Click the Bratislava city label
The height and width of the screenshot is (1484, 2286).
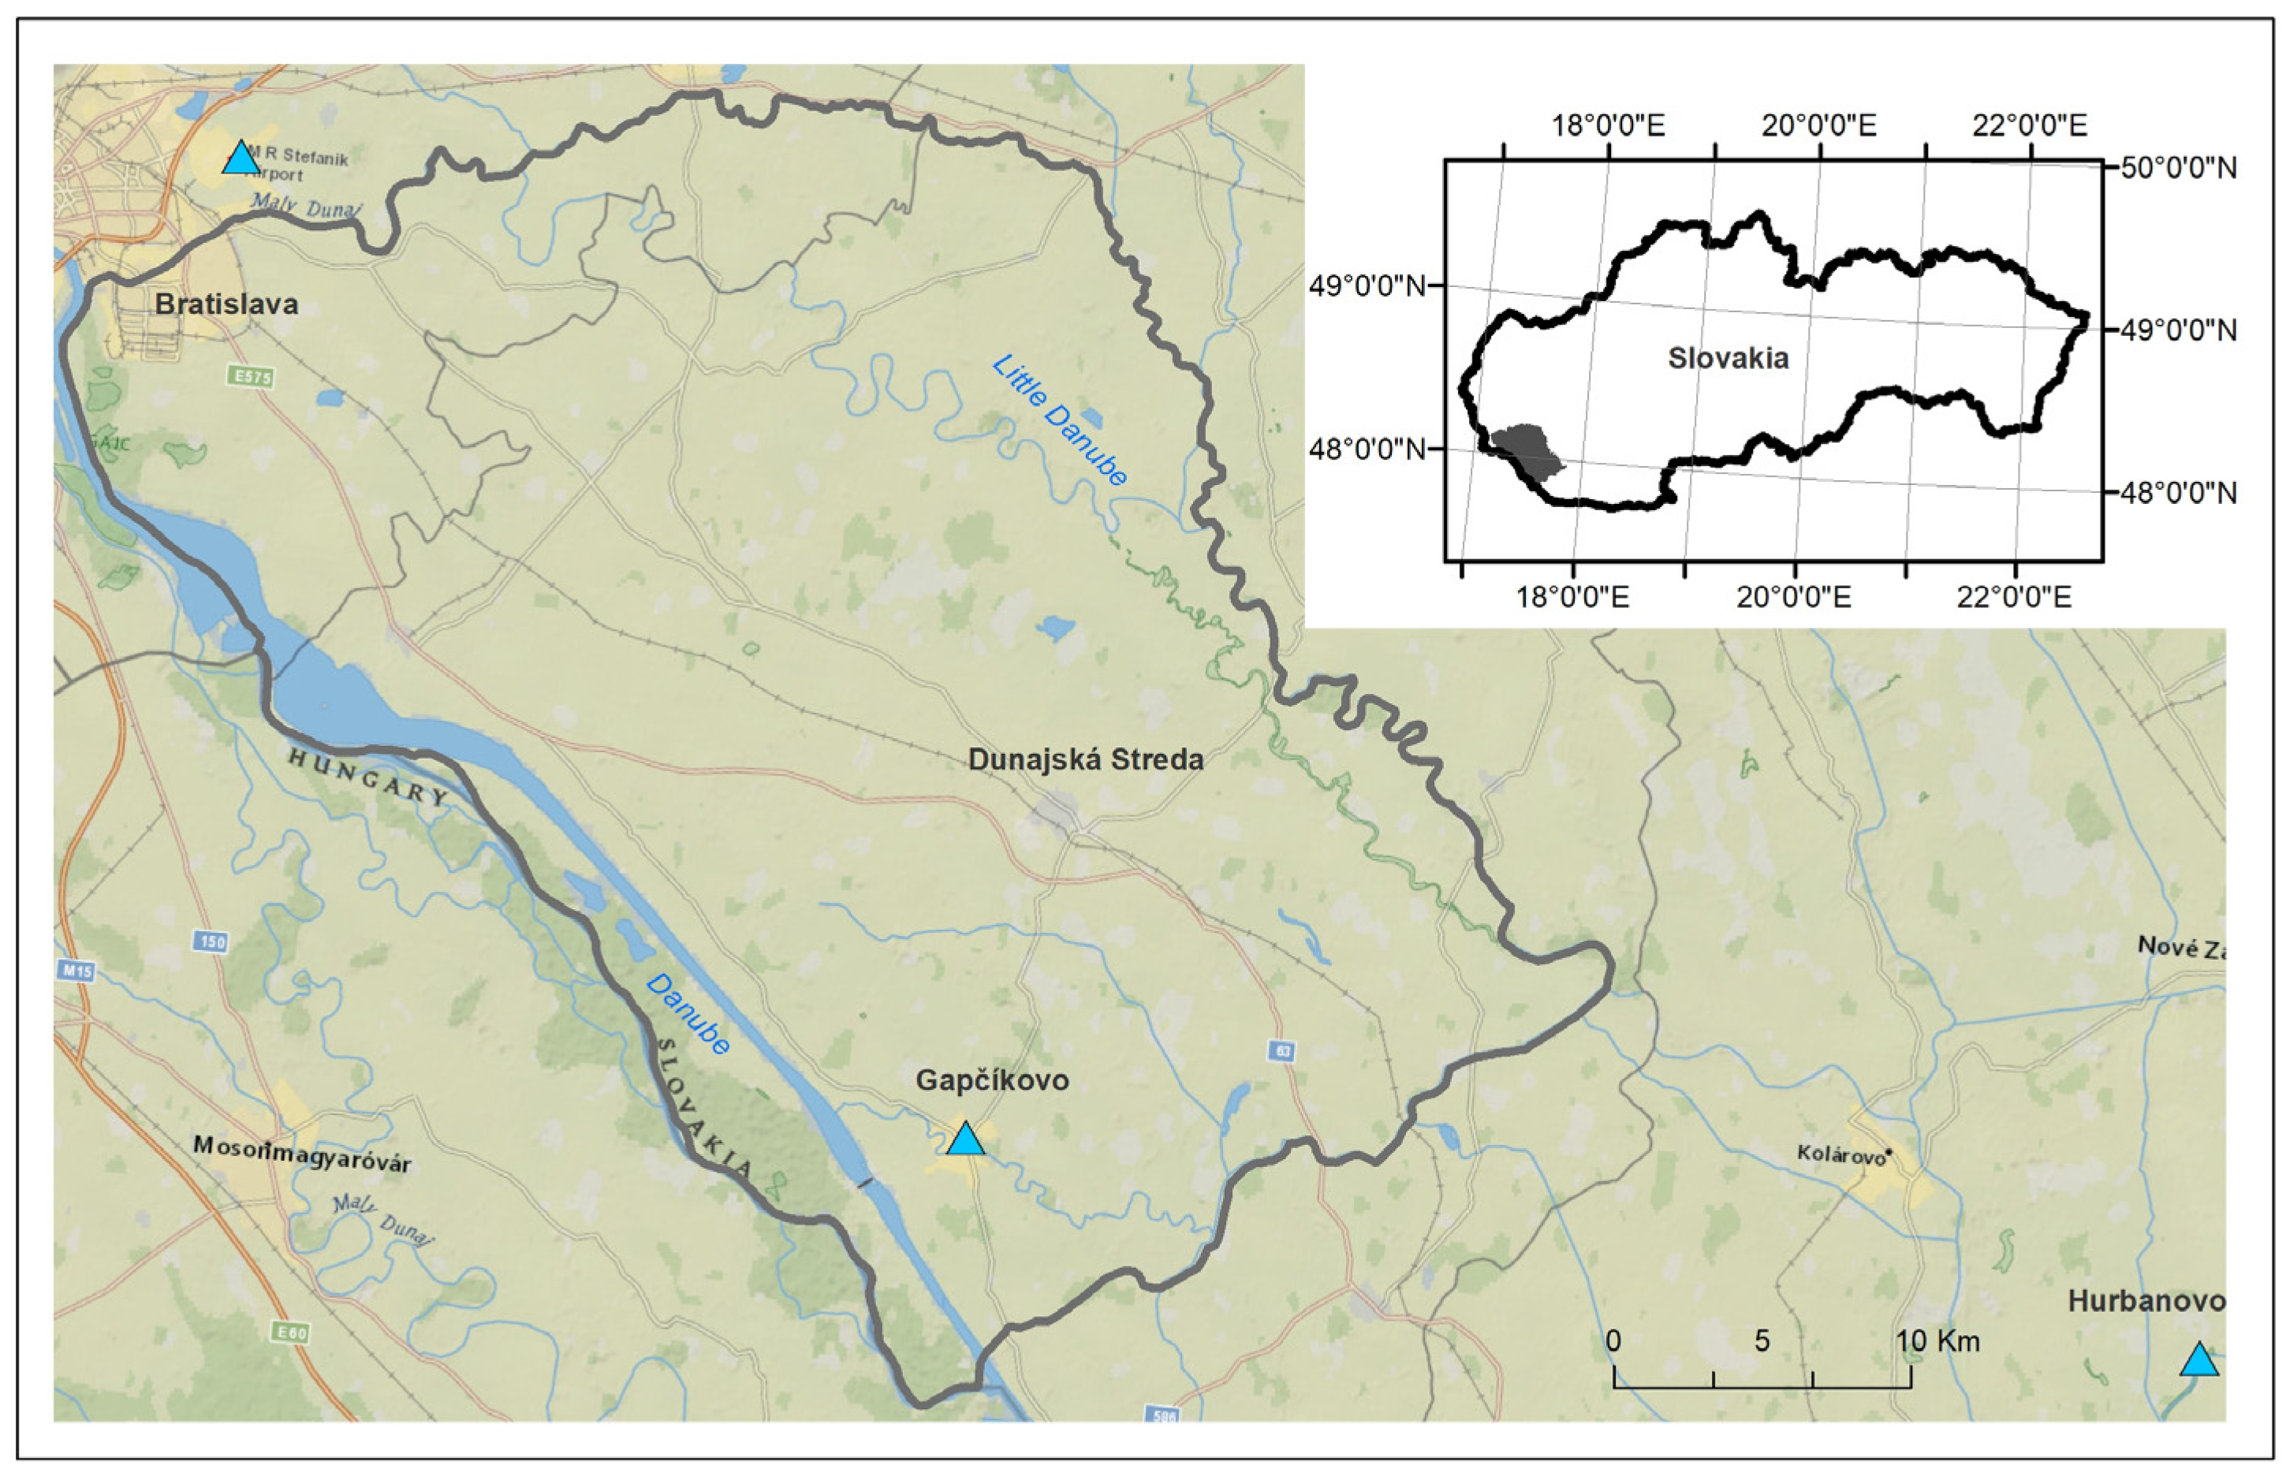pos(226,304)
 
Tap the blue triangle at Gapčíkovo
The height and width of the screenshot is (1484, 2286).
pos(965,1140)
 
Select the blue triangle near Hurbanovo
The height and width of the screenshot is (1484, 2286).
pos(2198,1361)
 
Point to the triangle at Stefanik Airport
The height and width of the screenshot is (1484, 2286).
pos(241,158)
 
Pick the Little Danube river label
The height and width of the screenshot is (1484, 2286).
pos(1060,419)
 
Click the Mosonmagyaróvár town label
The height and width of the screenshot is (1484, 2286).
pos(301,1154)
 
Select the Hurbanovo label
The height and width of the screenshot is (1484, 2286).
pos(2146,1302)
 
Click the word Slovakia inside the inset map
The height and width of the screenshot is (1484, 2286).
pos(1728,358)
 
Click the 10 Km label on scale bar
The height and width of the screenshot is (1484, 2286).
pos(1937,1340)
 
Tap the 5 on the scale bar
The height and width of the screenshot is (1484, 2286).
pos(1762,1340)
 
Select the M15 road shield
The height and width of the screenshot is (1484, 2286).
pos(76,971)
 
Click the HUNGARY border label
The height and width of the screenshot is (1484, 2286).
pos(369,776)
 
